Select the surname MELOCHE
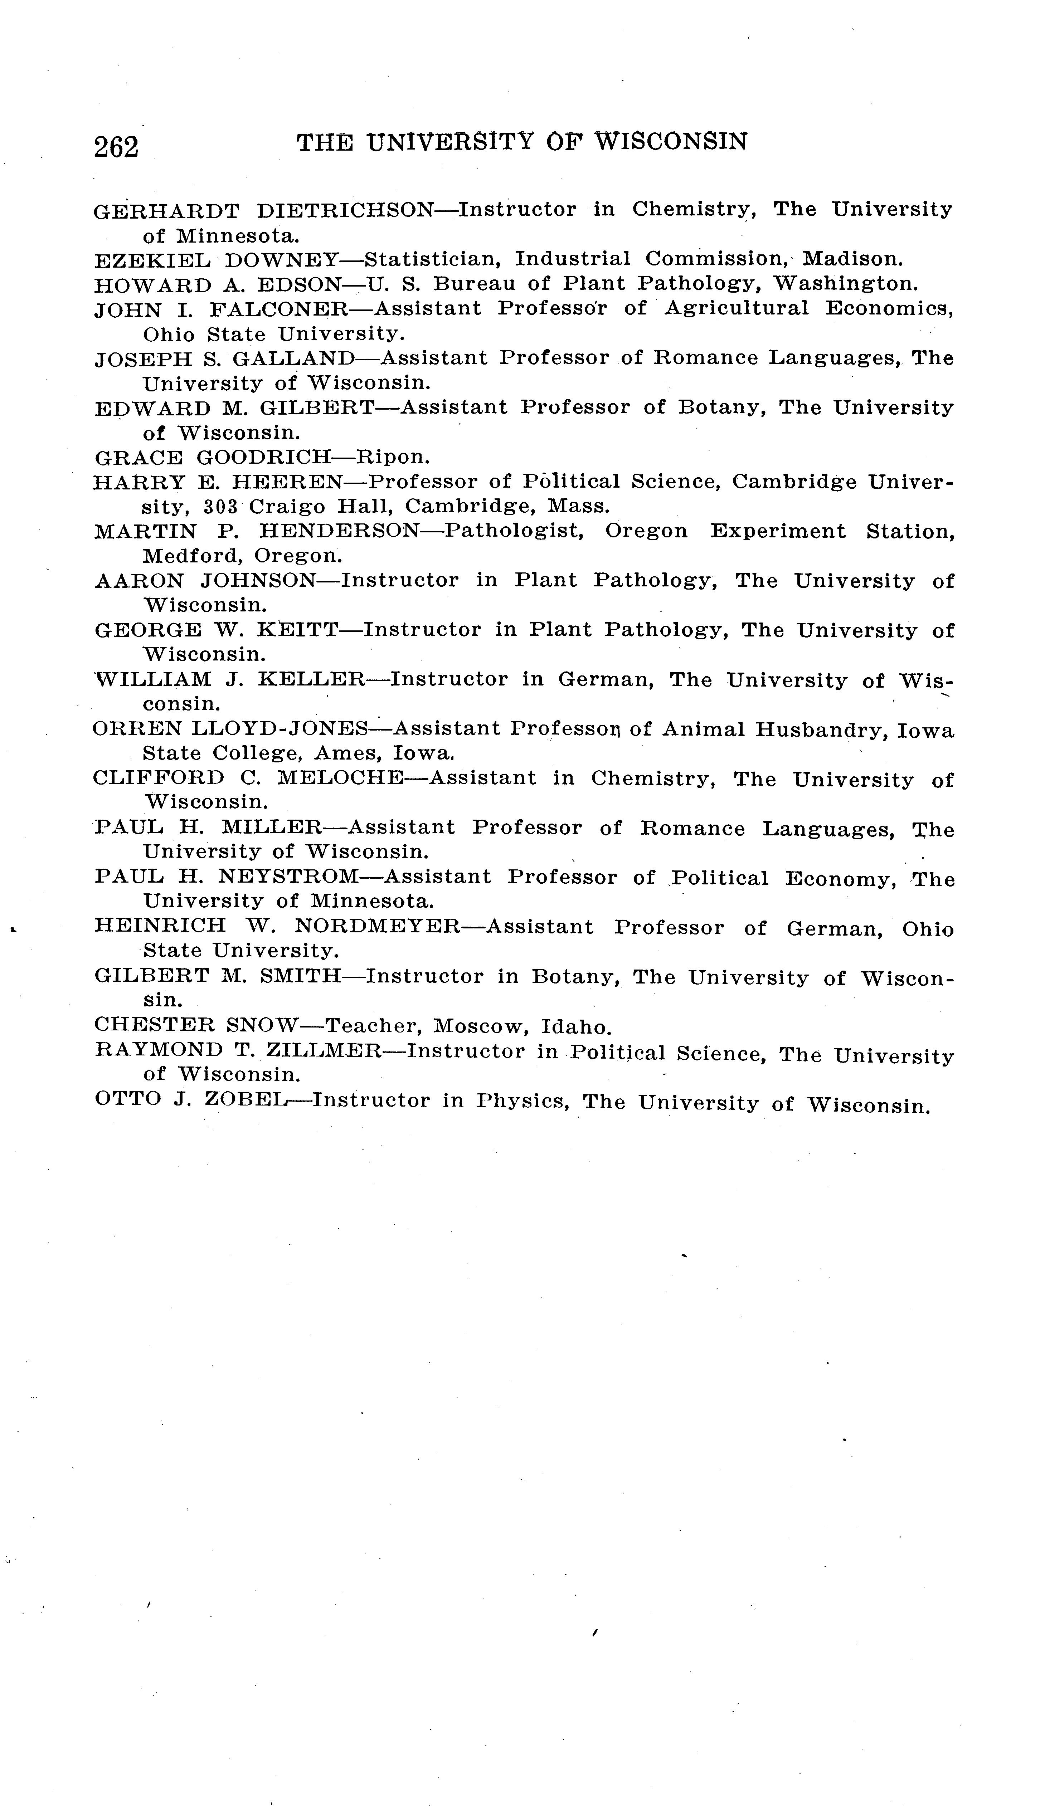click(x=340, y=778)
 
